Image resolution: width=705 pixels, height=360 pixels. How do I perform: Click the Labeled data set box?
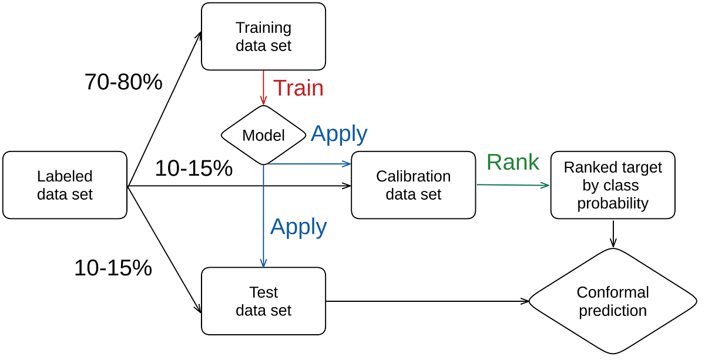tap(65, 185)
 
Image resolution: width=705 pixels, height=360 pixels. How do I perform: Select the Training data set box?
tap(263, 36)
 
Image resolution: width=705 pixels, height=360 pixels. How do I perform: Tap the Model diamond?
tap(263, 135)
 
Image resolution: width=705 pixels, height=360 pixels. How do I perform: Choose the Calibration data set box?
tap(413, 185)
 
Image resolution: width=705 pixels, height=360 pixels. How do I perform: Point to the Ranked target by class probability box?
tap(613, 185)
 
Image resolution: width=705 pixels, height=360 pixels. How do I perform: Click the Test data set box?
tap(263, 301)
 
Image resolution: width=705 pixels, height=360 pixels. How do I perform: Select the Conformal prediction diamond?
tap(613, 301)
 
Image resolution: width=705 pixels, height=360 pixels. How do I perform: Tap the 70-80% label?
tap(123, 82)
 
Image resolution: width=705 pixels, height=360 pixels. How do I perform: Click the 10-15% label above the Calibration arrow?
tap(193, 169)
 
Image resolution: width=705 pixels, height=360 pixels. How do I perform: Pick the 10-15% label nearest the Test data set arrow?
tap(113, 268)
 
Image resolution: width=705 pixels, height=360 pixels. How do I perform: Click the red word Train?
tap(298, 88)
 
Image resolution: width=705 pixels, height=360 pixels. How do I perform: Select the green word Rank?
tap(512, 163)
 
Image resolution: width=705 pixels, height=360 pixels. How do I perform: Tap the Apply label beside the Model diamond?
tap(339, 134)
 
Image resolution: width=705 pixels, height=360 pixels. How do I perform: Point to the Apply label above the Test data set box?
tap(298, 227)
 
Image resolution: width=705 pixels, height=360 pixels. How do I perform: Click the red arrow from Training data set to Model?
tap(263, 88)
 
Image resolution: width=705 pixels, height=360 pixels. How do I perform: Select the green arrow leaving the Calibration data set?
tap(512, 185)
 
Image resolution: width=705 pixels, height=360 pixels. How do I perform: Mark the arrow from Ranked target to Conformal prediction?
tap(613, 233)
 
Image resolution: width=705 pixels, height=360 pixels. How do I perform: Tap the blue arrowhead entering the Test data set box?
tap(263, 263)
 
